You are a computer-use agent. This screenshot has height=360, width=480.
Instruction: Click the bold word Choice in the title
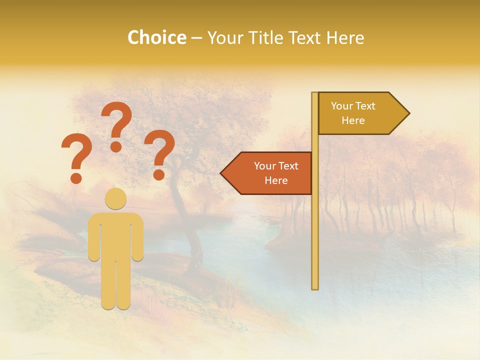[x=156, y=37]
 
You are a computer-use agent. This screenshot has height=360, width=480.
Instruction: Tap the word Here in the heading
[x=345, y=37]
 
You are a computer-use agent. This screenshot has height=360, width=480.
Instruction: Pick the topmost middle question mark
[x=116, y=122]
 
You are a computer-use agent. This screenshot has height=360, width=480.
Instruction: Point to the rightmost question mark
[x=159, y=150]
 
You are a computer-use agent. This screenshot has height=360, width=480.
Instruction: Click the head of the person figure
[x=115, y=198]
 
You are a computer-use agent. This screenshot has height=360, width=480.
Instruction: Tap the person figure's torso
[x=115, y=235]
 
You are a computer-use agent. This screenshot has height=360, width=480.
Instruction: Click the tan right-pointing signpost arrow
[x=360, y=113]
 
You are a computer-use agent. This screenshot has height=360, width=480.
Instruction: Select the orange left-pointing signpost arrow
[x=270, y=173]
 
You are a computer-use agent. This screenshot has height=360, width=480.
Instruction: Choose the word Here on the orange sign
[x=276, y=180]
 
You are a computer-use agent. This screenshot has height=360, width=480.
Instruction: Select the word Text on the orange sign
[x=287, y=166]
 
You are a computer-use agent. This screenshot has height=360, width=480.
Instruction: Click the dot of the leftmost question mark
[x=76, y=177]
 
